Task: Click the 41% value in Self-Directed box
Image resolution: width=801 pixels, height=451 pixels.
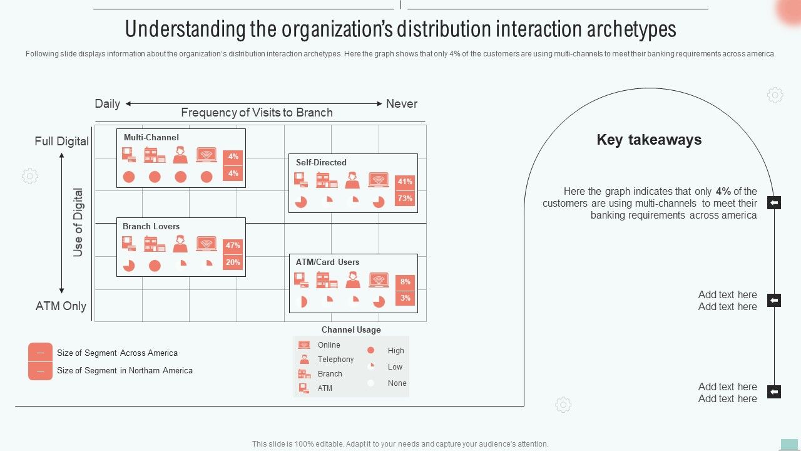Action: pyautogui.click(x=405, y=182)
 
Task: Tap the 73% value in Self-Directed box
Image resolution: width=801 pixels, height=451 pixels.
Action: pyautogui.click(x=405, y=199)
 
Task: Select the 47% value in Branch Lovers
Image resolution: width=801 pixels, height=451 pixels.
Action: pyautogui.click(x=233, y=246)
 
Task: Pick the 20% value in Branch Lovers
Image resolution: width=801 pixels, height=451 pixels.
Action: pyautogui.click(x=233, y=262)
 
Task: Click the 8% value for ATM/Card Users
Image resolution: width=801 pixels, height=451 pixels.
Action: pyautogui.click(x=406, y=282)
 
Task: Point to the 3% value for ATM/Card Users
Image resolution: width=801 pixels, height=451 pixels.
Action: pyautogui.click(x=406, y=298)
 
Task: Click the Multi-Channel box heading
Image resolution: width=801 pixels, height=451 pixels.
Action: pyautogui.click(x=151, y=137)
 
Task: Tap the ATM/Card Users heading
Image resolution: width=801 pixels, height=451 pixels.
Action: pyautogui.click(x=327, y=262)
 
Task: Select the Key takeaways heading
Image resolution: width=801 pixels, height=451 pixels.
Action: pyautogui.click(x=649, y=140)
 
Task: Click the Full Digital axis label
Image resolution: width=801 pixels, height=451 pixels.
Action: pyautogui.click(x=61, y=142)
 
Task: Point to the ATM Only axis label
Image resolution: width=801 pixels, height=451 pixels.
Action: pyautogui.click(x=61, y=306)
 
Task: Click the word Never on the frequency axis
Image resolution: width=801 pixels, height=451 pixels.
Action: pyautogui.click(x=401, y=104)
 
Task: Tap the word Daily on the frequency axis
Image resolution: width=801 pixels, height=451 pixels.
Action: pyautogui.click(x=107, y=104)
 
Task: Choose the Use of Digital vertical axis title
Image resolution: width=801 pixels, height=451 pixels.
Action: pyautogui.click(x=78, y=222)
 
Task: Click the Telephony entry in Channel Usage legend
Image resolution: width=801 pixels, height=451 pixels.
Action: pyautogui.click(x=335, y=360)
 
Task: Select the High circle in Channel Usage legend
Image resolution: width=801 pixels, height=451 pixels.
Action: pyautogui.click(x=370, y=351)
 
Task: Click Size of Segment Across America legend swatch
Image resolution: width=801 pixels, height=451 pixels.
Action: pyautogui.click(x=40, y=353)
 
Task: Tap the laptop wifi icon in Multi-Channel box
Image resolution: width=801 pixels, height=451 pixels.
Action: pyautogui.click(x=206, y=155)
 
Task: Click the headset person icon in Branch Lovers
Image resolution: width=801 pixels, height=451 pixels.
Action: pyautogui.click(x=180, y=244)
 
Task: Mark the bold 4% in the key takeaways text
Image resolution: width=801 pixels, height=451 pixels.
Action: pyautogui.click(x=723, y=192)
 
